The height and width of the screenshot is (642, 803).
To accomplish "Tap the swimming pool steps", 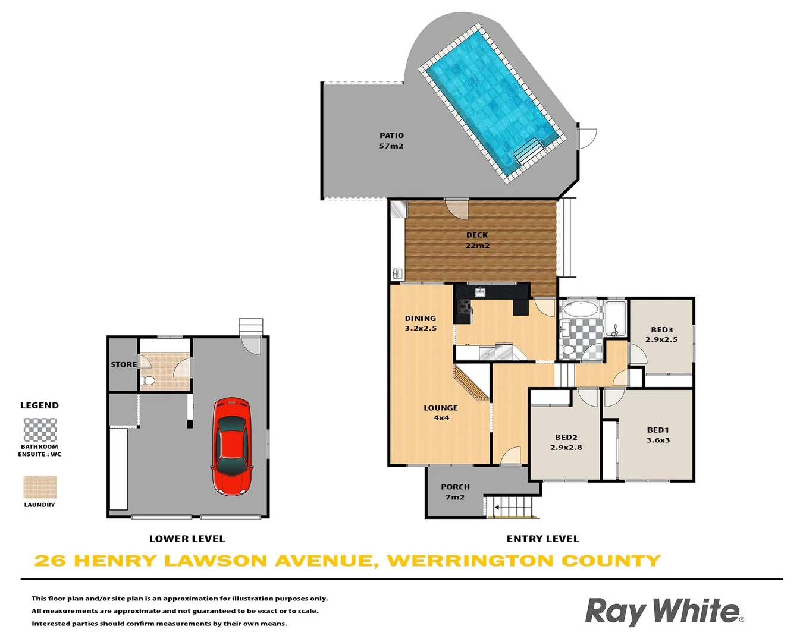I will click(x=528, y=152).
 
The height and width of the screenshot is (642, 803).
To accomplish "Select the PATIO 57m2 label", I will click(x=391, y=141).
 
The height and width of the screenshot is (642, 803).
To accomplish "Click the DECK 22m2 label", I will click(x=477, y=240).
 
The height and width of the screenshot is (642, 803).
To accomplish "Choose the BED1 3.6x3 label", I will click(x=658, y=435).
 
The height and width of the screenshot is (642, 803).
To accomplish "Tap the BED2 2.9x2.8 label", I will click(x=566, y=442).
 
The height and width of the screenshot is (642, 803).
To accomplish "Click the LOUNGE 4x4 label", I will click(x=441, y=413).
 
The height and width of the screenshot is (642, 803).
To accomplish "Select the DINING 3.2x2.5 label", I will click(x=421, y=323).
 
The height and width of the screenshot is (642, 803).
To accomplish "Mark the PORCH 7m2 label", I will click(x=455, y=492).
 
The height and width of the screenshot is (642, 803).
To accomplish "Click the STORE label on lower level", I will click(x=124, y=364).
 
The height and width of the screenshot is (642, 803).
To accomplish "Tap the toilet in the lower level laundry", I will click(x=149, y=379).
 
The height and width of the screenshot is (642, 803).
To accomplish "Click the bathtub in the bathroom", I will click(x=581, y=309).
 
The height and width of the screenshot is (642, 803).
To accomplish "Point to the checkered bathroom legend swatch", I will click(x=40, y=430).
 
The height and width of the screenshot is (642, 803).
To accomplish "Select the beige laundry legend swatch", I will click(x=40, y=487).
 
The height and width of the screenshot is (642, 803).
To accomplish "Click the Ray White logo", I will click(x=664, y=611).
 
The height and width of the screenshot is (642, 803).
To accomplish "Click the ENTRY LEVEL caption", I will click(x=542, y=539).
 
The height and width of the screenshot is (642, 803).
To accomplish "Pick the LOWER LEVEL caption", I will click(x=187, y=539).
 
